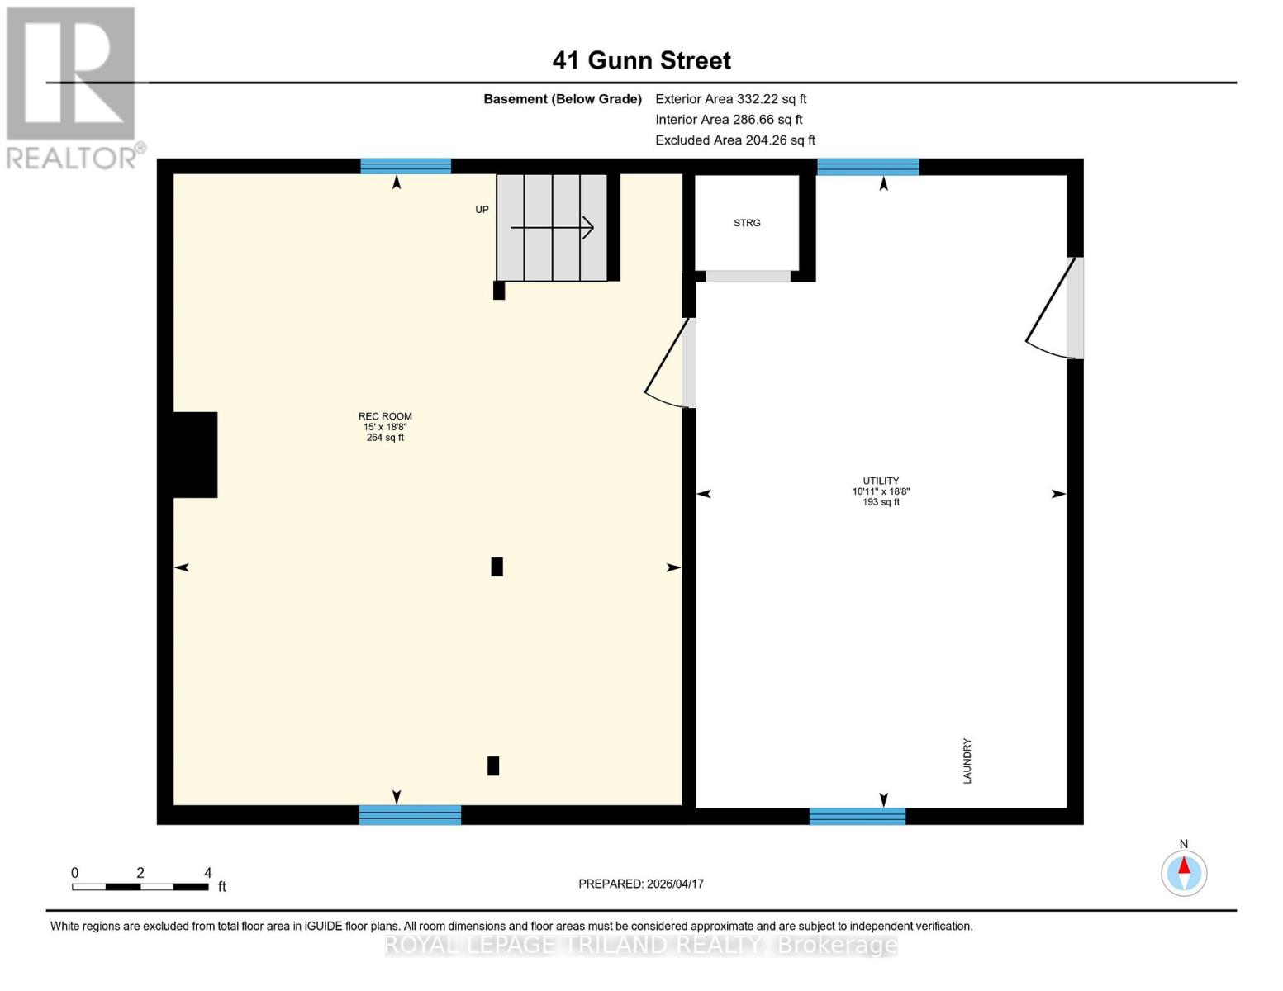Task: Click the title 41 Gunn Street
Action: [641, 60]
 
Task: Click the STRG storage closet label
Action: [747, 223]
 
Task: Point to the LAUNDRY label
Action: [967, 761]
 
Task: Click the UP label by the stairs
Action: [482, 210]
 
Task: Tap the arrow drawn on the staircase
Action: [552, 227]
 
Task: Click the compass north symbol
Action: [1184, 873]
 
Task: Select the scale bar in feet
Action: [140, 886]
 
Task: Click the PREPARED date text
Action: [641, 884]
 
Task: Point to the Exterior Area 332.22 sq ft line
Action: [730, 99]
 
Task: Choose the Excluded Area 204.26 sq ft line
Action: [735, 140]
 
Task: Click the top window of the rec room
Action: [406, 166]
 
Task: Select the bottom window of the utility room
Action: [858, 816]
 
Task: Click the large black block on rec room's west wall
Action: [195, 454]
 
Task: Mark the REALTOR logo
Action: [73, 87]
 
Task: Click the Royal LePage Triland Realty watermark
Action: [641, 945]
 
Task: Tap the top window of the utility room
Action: [867, 167]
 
